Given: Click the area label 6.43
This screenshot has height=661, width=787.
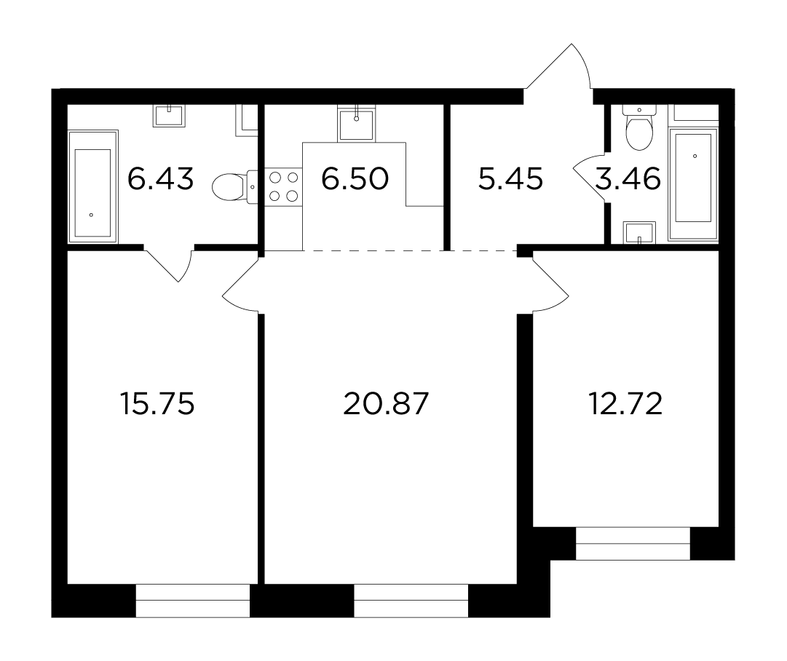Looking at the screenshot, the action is click(x=160, y=178).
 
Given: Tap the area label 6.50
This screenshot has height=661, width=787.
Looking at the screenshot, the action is click(x=355, y=178).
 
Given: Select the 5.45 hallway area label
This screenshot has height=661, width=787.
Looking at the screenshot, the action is click(x=510, y=178).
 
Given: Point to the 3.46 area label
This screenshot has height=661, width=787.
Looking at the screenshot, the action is click(x=628, y=178).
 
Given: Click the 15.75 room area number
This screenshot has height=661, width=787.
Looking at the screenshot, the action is click(x=157, y=403).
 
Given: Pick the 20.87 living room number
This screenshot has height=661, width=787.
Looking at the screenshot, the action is click(x=386, y=403).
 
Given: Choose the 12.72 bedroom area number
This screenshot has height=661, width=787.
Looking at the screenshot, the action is click(x=625, y=403).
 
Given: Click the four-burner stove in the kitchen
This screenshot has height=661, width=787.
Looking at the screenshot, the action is click(x=284, y=186).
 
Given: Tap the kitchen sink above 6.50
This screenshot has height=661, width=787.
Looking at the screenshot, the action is click(x=356, y=124).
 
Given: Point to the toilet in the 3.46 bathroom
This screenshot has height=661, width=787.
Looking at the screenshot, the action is click(x=639, y=128).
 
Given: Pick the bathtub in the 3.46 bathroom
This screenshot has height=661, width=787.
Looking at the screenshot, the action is click(x=693, y=178).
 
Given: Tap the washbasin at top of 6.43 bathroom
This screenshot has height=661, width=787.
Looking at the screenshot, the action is click(x=170, y=116).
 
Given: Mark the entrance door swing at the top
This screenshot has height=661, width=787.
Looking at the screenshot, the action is click(x=558, y=66).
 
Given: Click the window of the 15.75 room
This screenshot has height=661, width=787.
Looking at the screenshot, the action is click(x=193, y=601).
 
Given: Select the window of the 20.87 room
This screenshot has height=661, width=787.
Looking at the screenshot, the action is click(x=411, y=601).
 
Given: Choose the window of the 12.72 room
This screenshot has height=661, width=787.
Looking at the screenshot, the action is click(x=633, y=544).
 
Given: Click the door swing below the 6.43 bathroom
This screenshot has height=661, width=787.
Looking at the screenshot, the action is click(x=169, y=264).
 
